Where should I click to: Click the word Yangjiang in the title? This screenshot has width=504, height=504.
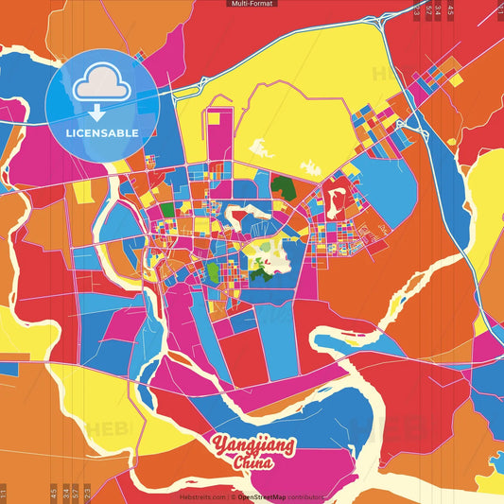pyautogui.click(x=252, y=445)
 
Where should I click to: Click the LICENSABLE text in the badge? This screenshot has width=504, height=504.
pyautogui.click(x=101, y=132)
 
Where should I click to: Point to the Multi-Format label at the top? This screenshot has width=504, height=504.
pyautogui.click(x=252, y=4)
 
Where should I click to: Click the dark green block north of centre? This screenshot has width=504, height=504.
pyautogui.click(x=283, y=185)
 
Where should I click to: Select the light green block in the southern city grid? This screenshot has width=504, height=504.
pyautogui.click(x=213, y=274)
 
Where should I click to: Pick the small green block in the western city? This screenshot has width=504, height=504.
pyautogui.click(x=166, y=209)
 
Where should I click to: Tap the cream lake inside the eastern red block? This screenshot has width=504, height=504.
pyautogui.click(x=335, y=198)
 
